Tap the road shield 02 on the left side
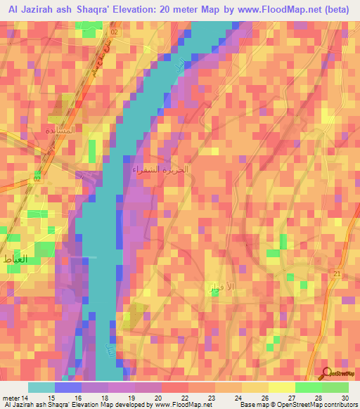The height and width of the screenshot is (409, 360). pos(37,179)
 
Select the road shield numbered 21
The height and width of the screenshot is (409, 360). pos(337,273)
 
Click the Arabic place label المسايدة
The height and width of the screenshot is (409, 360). pos(60,131)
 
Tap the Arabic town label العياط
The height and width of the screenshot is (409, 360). pos(15,260)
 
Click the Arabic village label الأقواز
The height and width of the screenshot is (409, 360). pos(203,287)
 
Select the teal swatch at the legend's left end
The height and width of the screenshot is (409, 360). pos(41,387)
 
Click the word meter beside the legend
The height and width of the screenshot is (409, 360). pos(11,397)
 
